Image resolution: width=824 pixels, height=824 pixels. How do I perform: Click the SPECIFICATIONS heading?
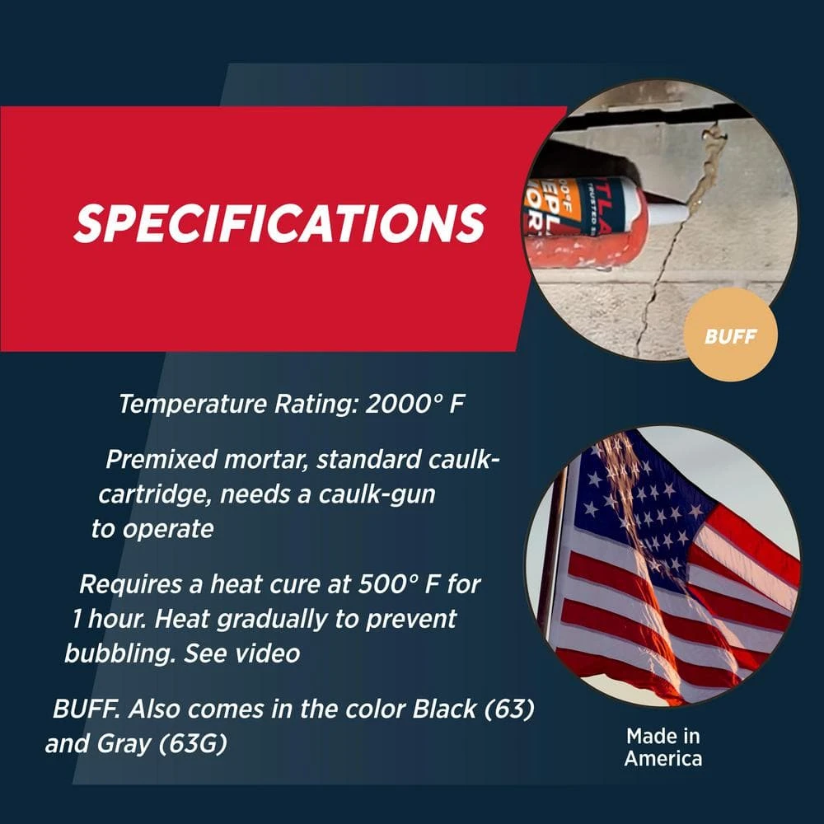279,222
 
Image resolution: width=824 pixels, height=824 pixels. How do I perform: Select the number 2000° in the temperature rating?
402,405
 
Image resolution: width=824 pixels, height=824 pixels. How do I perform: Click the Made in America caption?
663,747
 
